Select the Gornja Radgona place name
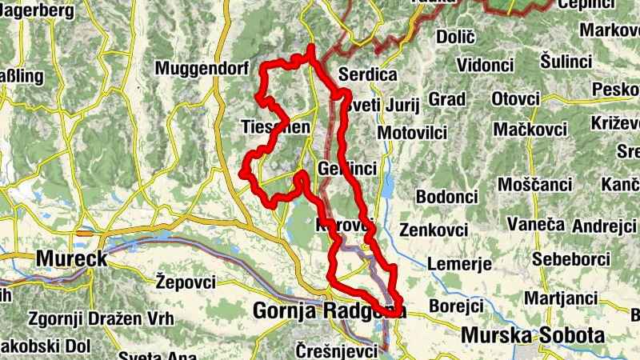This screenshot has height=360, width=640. pos(328,310)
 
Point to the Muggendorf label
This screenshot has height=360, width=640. pos(202,67)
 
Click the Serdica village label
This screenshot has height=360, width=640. pos(368,74)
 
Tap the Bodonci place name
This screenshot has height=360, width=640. pos(446,197)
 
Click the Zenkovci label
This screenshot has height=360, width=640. pos(433,230)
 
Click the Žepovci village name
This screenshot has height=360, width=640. pos(186,282)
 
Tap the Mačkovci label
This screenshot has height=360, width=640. pos(530,129)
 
